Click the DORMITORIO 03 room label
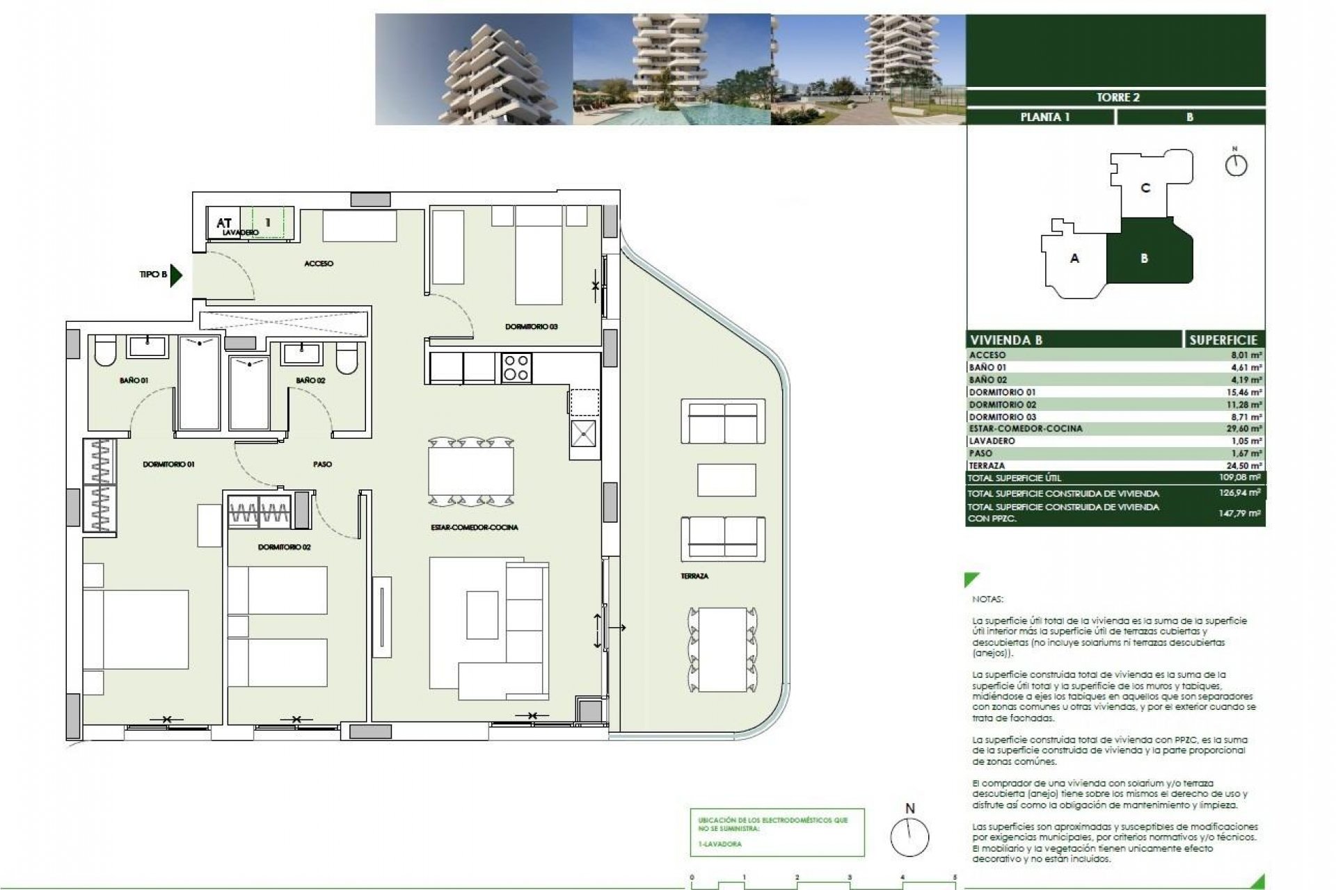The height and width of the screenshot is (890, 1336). click(x=531, y=326)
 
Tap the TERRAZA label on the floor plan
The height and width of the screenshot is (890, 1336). click(x=694, y=576)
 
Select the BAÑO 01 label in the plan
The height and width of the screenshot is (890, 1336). click(x=134, y=380)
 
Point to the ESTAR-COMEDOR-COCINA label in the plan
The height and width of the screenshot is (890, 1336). click(x=474, y=527)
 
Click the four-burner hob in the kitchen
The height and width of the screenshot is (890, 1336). click(x=516, y=368)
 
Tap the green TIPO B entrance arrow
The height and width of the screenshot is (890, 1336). click(x=176, y=275)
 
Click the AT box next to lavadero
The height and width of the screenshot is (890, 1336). click(x=223, y=222)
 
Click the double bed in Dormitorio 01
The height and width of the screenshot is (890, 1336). click(x=136, y=629)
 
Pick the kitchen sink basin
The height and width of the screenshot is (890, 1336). click(x=583, y=434)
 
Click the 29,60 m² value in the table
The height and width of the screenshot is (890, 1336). click(x=1244, y=429)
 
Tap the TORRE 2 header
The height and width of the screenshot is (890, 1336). click(x=1118, y=97)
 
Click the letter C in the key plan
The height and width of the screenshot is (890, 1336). click(x=1145, y=188)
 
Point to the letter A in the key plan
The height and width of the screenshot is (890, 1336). click(x=1074, y=258)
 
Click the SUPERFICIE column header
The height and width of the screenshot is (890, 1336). click(x=1223, y=340)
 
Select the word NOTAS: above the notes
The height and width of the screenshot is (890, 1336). click(x=987, y=599)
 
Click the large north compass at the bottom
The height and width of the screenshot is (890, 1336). click(x=909, y=836)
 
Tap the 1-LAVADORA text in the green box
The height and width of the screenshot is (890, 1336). click(x=720, y=844)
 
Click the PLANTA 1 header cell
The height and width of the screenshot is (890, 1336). click(x=1044, y=117)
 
